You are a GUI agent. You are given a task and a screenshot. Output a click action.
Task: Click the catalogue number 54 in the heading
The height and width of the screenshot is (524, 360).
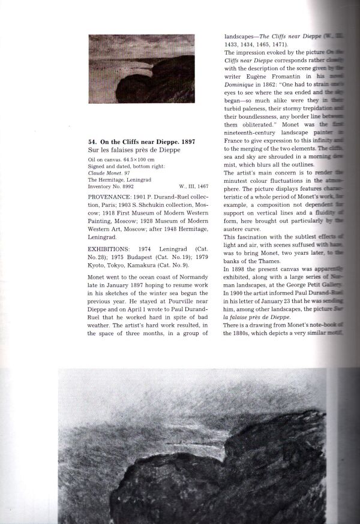tap(92, 141)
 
